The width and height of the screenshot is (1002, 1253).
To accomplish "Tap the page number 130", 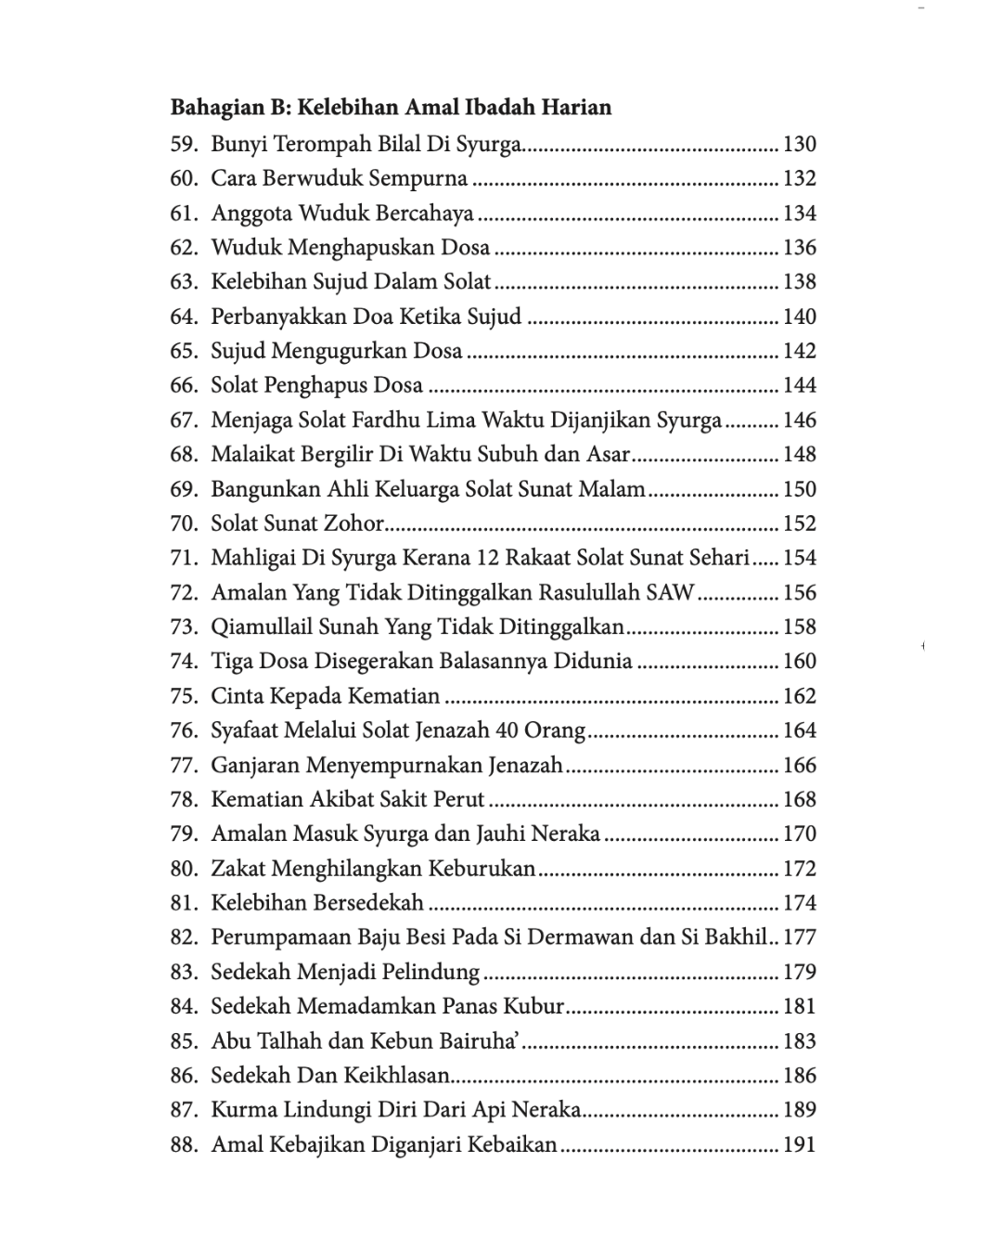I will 799,144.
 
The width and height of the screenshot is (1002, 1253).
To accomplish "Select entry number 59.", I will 184,144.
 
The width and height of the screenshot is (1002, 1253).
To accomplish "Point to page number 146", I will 799,420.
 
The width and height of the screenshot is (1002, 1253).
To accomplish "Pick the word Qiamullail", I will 262,626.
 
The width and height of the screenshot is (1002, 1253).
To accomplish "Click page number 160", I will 799,662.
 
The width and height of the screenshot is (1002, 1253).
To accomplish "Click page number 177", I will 799,937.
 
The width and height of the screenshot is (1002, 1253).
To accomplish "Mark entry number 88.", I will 184,1144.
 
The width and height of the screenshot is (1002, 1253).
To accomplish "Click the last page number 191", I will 799,1144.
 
